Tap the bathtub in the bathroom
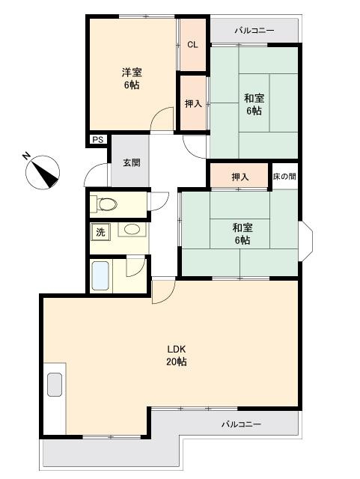click(100, 275)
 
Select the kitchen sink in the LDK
click(55, 385)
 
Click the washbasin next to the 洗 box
click(132, 229)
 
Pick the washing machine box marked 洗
click(100, 232)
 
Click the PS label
click(98, 140)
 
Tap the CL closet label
click(192, 45)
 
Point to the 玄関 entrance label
click(132, 162)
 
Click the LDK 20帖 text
click(177, 356)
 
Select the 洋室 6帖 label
click(132, 79)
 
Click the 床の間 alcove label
click(284, 177)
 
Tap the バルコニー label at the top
click(254, 31)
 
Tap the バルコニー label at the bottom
click(241, 424)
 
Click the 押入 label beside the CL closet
click(193, 104)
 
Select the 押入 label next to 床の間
click(240, 177)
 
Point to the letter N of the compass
click(26, 156)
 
